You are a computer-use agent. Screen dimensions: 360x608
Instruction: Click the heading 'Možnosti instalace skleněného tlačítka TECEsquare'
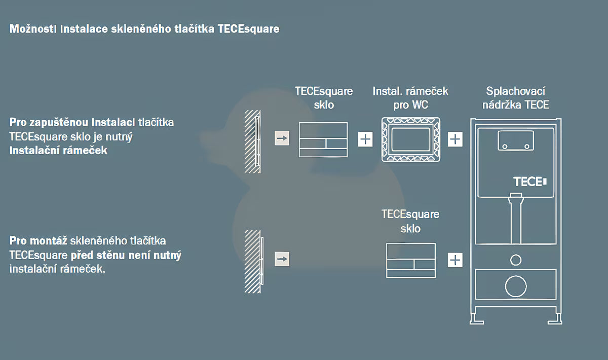pyautogui.click(x=144, y=29)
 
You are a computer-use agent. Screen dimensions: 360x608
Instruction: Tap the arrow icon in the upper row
pyautogui.click(x=282, y=138)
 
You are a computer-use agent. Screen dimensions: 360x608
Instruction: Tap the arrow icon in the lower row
pyautogui.click(x=282, y=259)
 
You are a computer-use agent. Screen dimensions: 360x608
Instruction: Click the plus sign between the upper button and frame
pyautogui.click(x=365, y=139)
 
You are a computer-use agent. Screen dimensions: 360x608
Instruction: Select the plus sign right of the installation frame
pyautogui.click(x=455, y=139)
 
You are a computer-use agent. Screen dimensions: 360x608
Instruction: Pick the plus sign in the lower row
pyautogui.click(x=455, y=260)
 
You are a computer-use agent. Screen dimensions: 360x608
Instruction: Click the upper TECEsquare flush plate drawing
pyautogui.click(x=323, y=139)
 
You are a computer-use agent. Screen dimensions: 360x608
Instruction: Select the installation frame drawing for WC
pyautogui.click(x=410, y=139)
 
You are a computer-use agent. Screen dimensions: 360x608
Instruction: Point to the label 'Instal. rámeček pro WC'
pyautogui.click(x=410, y=98)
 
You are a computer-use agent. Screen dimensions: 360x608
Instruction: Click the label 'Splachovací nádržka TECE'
pyautogui.click(x=516, y=98)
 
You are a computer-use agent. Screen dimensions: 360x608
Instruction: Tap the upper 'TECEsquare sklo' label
pyautogui.click(x=324, y=98)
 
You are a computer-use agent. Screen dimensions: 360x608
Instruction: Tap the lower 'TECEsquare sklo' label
pyautogui.click(x=410, y=221)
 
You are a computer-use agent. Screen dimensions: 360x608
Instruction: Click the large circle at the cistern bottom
pyautogui.click(x=516, y=287)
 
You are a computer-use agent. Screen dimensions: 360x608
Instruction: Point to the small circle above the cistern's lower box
pyautogui.click(x=516, y=260)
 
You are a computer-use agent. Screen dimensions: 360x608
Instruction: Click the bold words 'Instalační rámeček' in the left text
pyautogui.click(x=58, y=151)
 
